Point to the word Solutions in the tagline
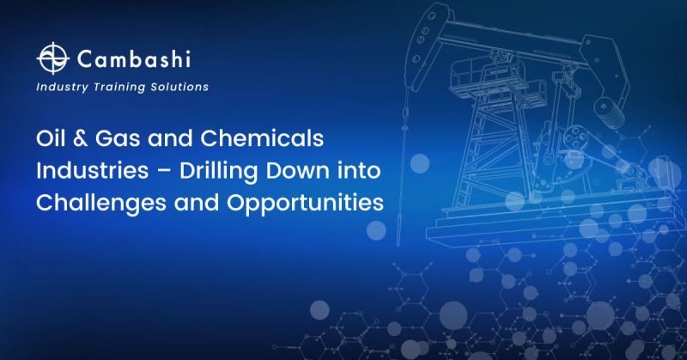(179, 87)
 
